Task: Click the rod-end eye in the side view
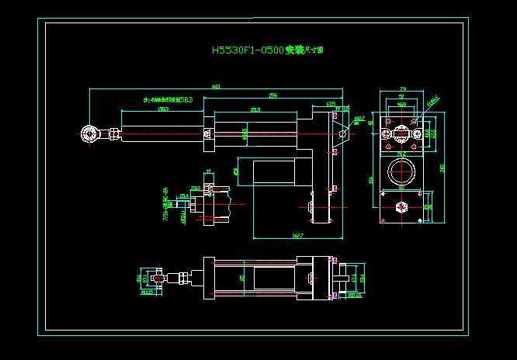tap(90, 133)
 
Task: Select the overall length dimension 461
tap(216, 87)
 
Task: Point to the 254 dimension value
tap(273, 95)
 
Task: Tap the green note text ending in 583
tap(168, 100)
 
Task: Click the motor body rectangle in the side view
tap(275, 173)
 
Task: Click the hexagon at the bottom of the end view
tap(401, 206)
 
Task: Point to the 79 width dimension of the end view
tap(403, 89)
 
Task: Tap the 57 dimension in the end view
tap(401, 96)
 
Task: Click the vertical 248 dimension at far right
tap(442, 167)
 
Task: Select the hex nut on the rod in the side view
tap(114, 133)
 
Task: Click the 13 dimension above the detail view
tap(207, 171)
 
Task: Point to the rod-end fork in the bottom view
tap(161, 277)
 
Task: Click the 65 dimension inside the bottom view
tap(241, 276)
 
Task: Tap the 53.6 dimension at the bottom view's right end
tap(362, 277)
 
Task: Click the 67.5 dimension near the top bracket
tap(331, 102)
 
